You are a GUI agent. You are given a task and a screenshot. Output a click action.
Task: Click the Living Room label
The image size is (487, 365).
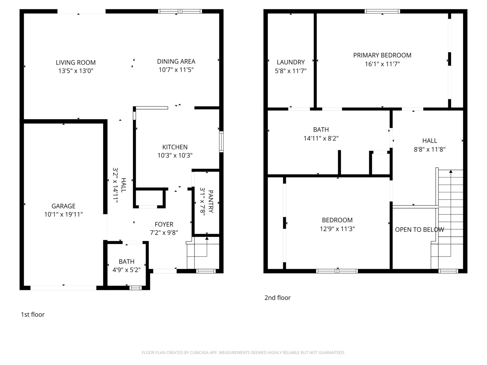[x=75, y=63]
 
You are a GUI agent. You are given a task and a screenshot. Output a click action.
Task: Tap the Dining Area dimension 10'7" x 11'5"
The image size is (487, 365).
[x=176, y=70]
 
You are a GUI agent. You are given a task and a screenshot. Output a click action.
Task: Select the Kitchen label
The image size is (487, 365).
[x=175, y=147]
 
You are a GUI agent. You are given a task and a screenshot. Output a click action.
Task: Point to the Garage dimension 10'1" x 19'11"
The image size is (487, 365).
[x=63, y=214]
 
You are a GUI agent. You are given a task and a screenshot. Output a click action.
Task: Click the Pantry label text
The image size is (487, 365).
[x=211, y=201]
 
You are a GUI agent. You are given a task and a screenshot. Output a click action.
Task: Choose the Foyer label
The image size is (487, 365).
[x=164, y=224]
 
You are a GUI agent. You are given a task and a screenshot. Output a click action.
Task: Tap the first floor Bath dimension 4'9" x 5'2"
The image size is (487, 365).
[x=126, y=270]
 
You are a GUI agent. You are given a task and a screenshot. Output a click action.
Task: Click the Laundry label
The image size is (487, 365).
[x=291, y=62]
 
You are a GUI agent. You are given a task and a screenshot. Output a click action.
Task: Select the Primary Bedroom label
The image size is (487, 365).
[x=382, y=55]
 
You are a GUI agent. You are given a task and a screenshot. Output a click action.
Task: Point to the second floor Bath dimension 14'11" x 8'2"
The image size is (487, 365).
[x=321, y=138]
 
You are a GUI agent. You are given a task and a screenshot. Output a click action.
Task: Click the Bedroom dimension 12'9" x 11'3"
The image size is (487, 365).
[x=337, y=229]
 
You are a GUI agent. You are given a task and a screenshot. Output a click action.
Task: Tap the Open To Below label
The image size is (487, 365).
[x=419, y=230]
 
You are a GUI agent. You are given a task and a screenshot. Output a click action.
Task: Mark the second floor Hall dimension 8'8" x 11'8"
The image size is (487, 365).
[x=430, y=149]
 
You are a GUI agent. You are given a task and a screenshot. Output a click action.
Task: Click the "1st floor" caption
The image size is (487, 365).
[x=33, y=315]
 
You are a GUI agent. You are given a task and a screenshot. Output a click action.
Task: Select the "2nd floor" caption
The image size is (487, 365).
[x=277, y=298]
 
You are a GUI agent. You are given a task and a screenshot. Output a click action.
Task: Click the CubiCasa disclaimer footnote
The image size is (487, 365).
[x=243, y=352]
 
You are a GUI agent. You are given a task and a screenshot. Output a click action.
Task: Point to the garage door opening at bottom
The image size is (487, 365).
[x=63, y=288]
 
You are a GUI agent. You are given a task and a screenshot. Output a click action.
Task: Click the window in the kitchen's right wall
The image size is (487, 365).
[x=221, y=142]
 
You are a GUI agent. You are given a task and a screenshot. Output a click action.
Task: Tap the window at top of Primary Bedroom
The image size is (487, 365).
[x=382, y=11]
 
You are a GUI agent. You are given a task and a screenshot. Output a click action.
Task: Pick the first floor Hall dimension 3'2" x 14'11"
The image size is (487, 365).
[x=115, y=185]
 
